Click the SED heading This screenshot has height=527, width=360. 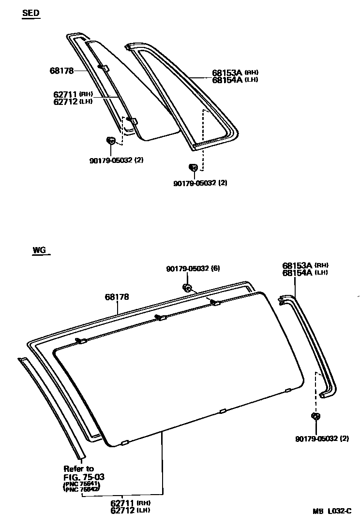coord(31,14)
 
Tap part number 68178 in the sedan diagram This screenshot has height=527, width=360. coord(61,71)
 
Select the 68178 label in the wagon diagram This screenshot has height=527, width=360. coord(117,297)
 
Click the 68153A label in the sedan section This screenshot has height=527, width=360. coord(227,73)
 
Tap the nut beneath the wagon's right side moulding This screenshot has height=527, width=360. coord(316,417)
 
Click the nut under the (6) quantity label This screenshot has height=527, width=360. coord(187,288)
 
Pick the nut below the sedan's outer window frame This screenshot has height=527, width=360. coord(192,167)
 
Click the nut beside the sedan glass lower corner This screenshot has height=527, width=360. coord(110,141)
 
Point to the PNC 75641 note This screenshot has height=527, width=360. coord(81,484)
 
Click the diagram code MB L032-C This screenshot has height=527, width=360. coord(333,511)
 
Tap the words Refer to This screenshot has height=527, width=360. coord(79,468)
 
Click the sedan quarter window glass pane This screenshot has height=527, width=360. coord(140,97)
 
